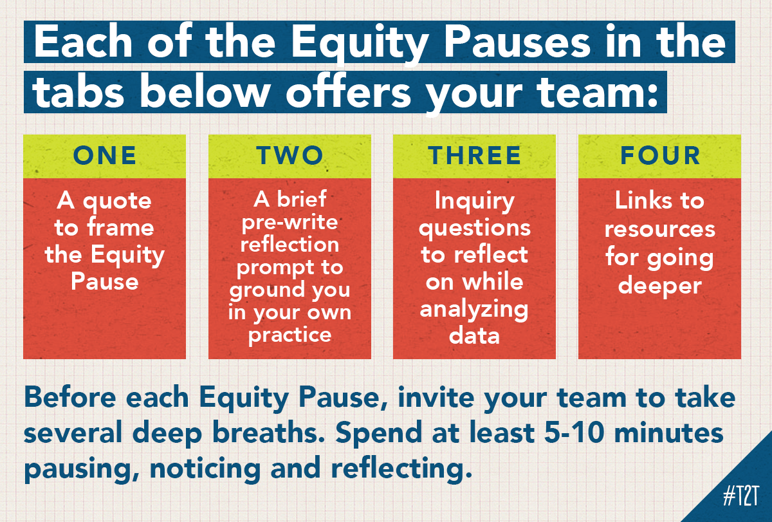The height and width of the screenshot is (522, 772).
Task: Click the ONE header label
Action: (x=104, y=156)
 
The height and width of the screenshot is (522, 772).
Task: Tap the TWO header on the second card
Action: (x=289, y=156)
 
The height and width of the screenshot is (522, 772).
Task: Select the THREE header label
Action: (x=474, y=156)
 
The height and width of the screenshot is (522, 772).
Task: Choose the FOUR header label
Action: (x=659, y=156)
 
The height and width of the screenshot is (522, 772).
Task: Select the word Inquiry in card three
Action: (x=474, y=201)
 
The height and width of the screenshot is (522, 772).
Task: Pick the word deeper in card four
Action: (x=659, y=285)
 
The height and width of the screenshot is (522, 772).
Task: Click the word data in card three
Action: (x=474, y=335)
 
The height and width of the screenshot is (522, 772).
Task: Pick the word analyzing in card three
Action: (x=474, y=309)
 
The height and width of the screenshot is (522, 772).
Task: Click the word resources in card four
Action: (x=659, y=228)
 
